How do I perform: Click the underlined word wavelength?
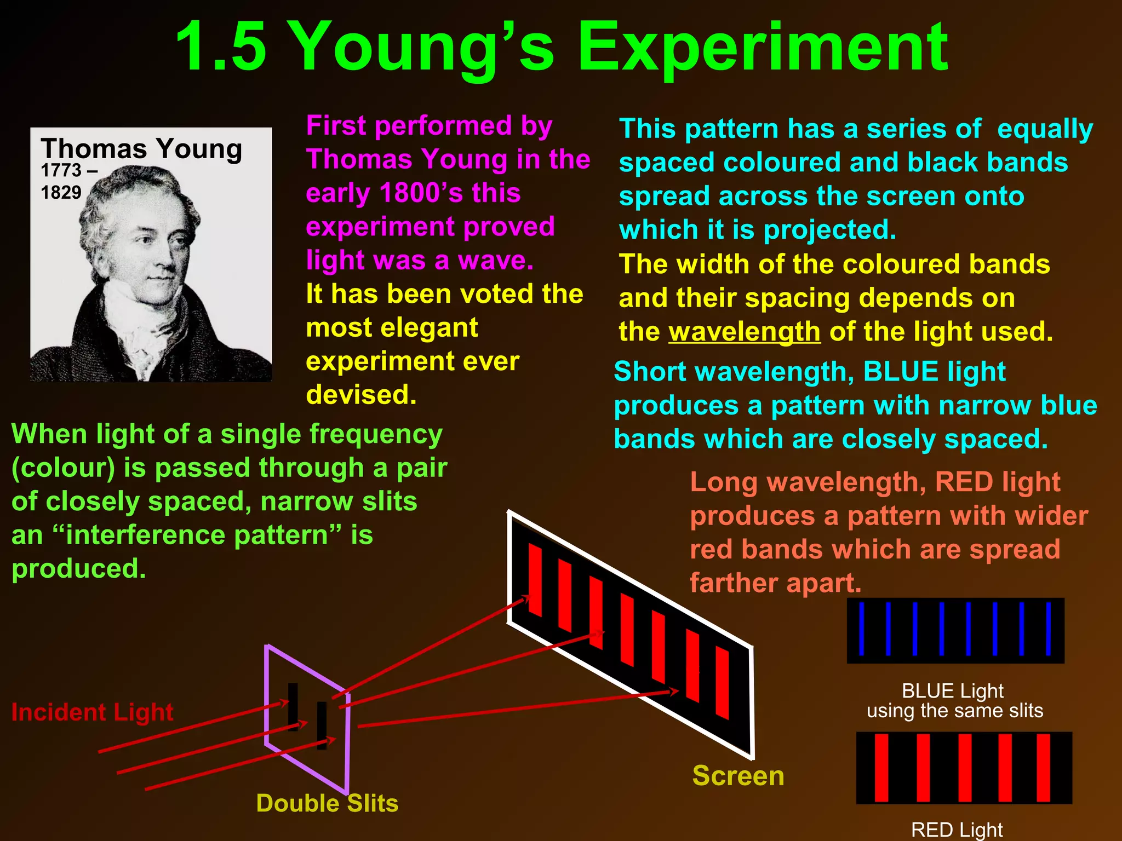coord(745,332)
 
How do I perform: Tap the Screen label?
coord(738,776)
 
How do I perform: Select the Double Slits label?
coord(327,803)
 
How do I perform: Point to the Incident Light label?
coord(92,712)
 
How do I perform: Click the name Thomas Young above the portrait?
coord(141,149)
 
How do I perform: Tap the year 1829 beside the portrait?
coord(61,193)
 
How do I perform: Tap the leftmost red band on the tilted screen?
coord(535,579)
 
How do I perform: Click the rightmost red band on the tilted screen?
coord(723,682)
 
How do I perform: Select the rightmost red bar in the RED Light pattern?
coord(1044,768)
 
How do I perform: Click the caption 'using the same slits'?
coord(955,711)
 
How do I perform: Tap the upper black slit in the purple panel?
coord(293,706)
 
